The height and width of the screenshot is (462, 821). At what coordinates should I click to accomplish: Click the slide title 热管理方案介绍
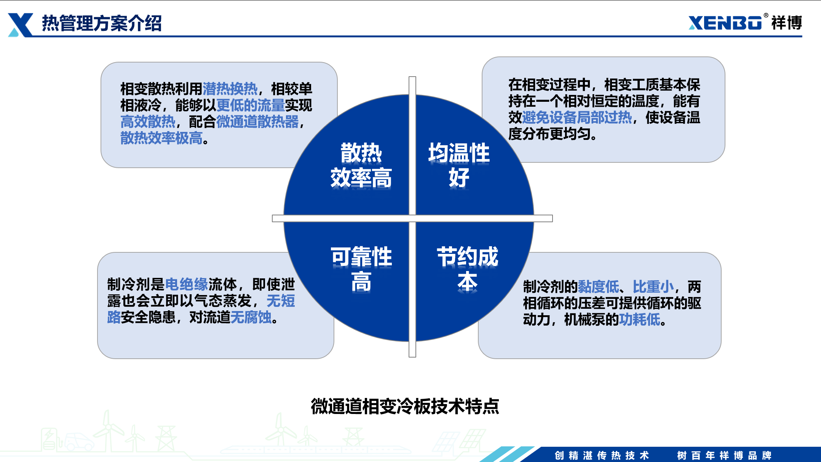click(x=102, y=23)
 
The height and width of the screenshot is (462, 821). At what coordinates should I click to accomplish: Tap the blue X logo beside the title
click(x=21, y=25)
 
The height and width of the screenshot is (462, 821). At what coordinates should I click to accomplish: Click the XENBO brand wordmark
click(x=725, y=22)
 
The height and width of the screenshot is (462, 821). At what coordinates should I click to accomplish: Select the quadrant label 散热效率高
click(x=361, y=165)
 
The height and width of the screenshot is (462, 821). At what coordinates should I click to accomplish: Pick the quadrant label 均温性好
click(x=459, y=165)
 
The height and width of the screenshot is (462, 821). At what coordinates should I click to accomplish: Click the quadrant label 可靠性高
click(x=361, y=269)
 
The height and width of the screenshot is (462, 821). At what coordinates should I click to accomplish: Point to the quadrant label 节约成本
click(x=467, y=269)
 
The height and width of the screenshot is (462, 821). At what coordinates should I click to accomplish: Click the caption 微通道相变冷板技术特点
click(x=405, y=406)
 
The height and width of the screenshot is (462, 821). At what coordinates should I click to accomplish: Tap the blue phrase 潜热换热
click(x=230, y=89)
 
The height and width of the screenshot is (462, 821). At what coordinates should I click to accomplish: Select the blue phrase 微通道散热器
click(x=257, y=122)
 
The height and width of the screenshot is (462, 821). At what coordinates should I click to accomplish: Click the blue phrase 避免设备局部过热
click(x=577, y=117)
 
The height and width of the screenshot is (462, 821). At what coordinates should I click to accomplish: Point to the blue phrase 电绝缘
click(x=187, y=284)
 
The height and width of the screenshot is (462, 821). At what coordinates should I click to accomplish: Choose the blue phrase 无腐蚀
click(x=251, y=317)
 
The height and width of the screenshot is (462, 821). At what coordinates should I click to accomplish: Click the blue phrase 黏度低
click(x=599, y=287)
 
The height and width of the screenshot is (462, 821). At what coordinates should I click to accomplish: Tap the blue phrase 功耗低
click(x=640, y=319)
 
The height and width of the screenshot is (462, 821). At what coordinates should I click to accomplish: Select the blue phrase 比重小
click(x=653, y=287)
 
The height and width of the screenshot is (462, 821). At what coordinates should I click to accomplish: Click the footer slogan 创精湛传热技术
click(x=602, y=456)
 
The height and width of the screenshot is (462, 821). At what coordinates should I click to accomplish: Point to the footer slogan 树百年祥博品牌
click(x=724, y=456)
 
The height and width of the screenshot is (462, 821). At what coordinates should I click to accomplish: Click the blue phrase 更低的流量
click(x=251, y=105)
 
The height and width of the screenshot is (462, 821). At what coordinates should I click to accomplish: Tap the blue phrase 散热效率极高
click(x=161, y=138)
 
